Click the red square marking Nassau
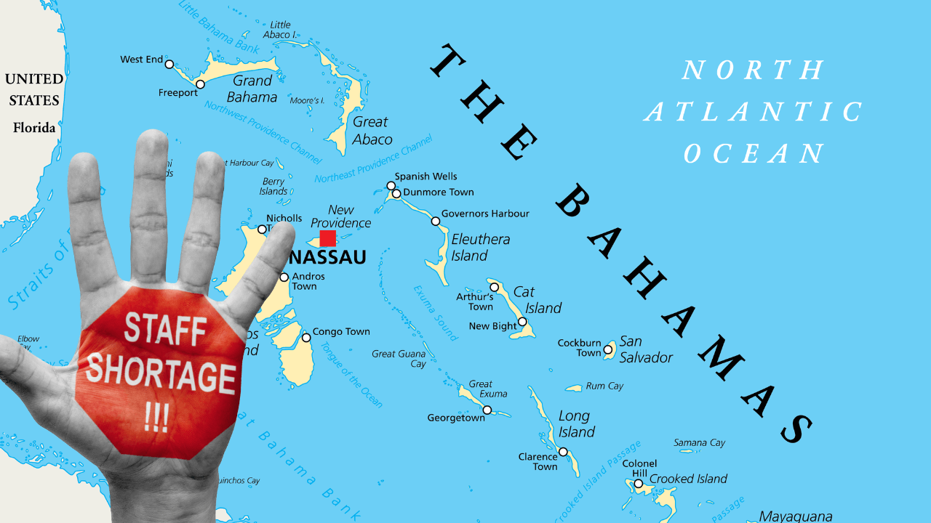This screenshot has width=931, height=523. click(x=328, y=238)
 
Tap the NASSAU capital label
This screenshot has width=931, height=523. click(x=327, y=258)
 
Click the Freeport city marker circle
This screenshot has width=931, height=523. click(x=200, y=84)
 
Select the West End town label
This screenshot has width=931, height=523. click(x=141, y=60)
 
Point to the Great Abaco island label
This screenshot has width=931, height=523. click(x=372, y=131)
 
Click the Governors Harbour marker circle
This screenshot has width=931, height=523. click(x=436, y=221)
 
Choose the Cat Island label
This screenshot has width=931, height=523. click(x=538, y=299)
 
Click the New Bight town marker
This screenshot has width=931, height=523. click(x=522, y=322)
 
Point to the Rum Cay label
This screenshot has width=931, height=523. click(x=604, y=386)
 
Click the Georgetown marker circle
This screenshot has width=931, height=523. click(x=487, y=410)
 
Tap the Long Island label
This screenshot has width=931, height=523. click(x=576, y=424)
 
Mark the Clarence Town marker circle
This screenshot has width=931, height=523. click(x=563, y=452)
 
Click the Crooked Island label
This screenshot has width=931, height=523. click(x=688, y=479)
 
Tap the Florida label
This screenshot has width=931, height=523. click(x=34, y=128)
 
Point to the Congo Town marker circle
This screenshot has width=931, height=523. click(x=306, y=337)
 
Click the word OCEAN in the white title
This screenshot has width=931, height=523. click(x=754, y=153)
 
